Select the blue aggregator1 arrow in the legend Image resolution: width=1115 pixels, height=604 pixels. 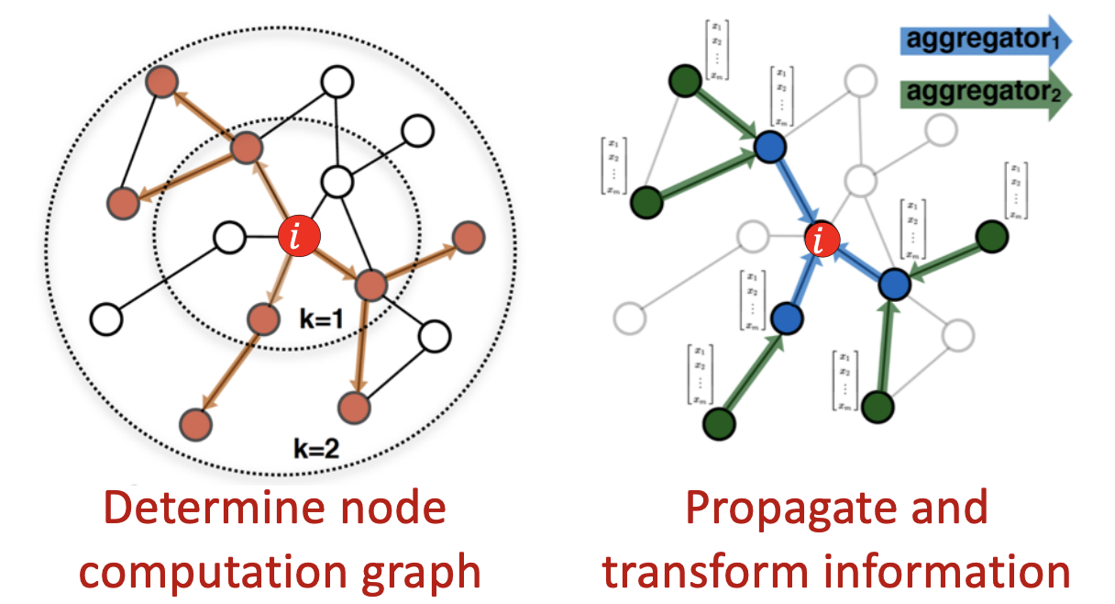pyautogui.click(x=980, y=41)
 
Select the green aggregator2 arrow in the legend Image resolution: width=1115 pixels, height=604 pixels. pyautogui.click(x=980, y=94)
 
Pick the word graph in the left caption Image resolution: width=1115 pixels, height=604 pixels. pyautogui.click(x=422, y=571)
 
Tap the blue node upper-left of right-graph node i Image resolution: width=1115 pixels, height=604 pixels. pyautogui.click(x=770, y=146)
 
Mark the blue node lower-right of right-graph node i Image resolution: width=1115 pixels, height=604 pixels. pyautogui.click(x=893, y=285)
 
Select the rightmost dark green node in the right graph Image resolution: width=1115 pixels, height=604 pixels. pyautogui.click(x=991, y=237)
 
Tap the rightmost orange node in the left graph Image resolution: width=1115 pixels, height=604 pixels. pyautogui.click(x=468, y=236)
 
